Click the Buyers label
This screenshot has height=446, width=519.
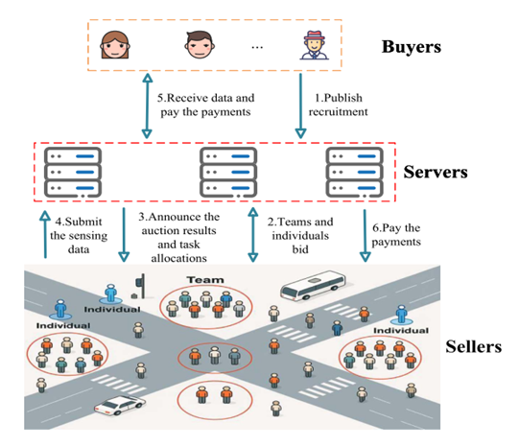pyautogui.click(x=412, y=47)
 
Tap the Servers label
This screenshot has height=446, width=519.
pyautogui.click(x=436, y=172)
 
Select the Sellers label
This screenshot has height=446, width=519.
pyautogui.click(x=473, y=347)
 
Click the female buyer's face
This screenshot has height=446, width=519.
pyautogui.click(x=114, y=45)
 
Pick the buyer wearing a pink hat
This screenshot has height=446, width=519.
pyautogui.click(x=314, y=45)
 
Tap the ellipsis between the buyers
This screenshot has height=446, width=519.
pyautogui.click(x=257, y=47)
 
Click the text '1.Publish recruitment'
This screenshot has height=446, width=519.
pyautogui.click(x=338, y=105)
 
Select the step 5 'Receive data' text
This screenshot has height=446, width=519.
pyautogui.click(x=205, y=105)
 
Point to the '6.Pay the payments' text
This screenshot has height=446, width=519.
pyautogui.click(x=396, y=235)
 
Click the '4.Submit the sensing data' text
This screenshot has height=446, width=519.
pyautogui.click(x=79, y=235)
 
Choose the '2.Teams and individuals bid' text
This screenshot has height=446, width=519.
pyautogui.click(x=300, y=235)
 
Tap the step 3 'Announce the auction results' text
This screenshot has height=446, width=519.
pyautogui.click(x=178, y=237)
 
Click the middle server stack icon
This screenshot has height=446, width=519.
pyautogui.click(x=228, y=172)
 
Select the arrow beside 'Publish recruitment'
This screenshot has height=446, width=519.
pyautogui.click(x=300, y=106)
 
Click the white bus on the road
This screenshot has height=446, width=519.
pyautogui.click(x=313, y=285)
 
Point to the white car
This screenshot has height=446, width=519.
pyautogui.click(x=120, y=405)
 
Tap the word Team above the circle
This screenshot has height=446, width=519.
pyautogui.click(x=205, y=280)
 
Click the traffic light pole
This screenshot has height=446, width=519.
pyautogui.click(x=143, y=286)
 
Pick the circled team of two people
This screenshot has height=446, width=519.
pyautogui.click(x=215, y=400)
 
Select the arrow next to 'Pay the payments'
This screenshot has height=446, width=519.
pyautogui.click(x=366, y=236)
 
